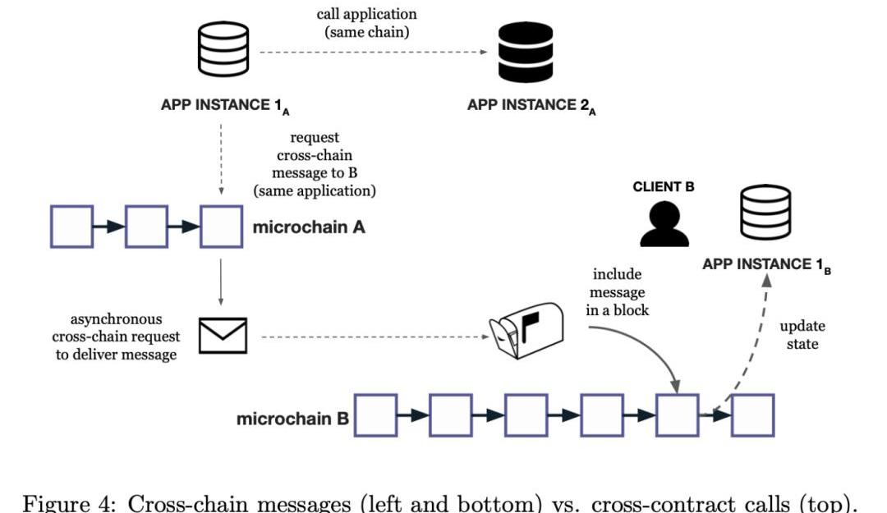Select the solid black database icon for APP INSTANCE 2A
point(526,52)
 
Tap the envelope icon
point(223,336)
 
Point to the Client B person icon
point(664,222)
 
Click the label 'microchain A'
point(309,227)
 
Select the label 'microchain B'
point(292,419)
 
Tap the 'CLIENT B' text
point(664,187)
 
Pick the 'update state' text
point(802,335)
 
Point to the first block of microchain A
point(72,227)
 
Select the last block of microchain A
point(222,227)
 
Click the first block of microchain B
point(376,415)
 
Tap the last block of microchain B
point(752,415)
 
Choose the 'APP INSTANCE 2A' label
point(531,105)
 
